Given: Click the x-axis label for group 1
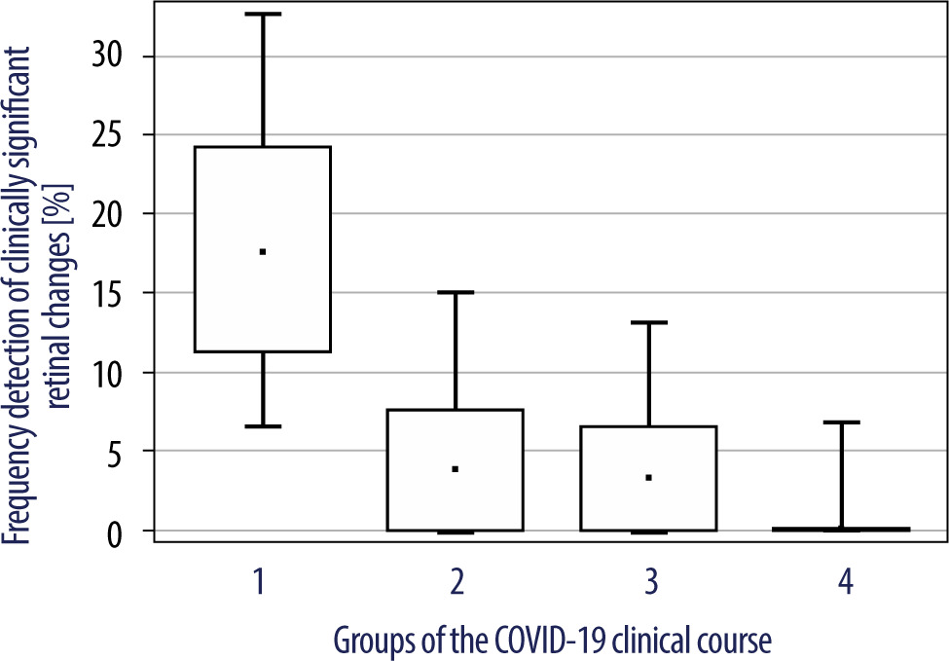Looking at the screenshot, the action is tap(260, 582).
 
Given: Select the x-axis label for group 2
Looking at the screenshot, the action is tap(456, 582).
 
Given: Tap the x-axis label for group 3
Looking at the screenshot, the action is tap(650, 582).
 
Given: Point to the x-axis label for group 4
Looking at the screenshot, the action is tap(845, 582).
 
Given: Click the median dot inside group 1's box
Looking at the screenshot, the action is tap(263, 252).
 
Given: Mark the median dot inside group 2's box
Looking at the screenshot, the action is tap(456, 469).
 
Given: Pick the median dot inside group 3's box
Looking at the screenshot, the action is tap(649, 478).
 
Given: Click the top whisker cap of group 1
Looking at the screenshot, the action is tap(263, 14).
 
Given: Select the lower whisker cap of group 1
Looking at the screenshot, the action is tap(263, 426).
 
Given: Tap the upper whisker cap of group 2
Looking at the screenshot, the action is tap(456, 292).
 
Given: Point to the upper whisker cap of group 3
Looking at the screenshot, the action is tap(649, 322).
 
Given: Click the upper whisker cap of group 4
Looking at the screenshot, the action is tap(841, 422).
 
